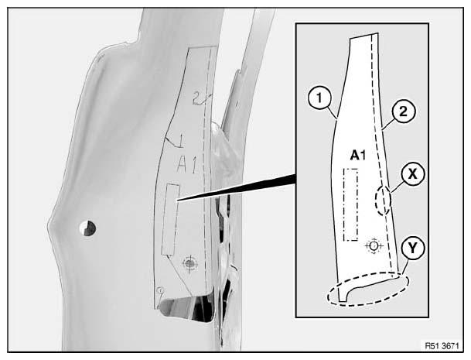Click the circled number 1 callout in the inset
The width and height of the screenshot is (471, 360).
(x=319, y=98)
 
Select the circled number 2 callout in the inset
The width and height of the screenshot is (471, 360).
(x=403, y=111)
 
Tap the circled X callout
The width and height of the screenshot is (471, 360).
(x=413, y=174)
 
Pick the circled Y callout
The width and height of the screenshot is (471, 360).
(x=413, y=249)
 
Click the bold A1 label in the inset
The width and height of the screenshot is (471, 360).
(x=358, y=156)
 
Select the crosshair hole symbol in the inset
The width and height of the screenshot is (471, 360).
(x=374, y=246)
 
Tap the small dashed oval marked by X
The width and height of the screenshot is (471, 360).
(x=383, y=201)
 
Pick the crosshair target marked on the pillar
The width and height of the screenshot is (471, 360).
(x=189, y=264)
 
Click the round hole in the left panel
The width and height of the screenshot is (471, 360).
(x=87, y=228)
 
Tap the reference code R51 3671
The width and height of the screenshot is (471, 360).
(x=442, y=346)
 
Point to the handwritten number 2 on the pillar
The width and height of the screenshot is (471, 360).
(x=197, y=98)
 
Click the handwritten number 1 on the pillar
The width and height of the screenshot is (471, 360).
(x=181, y=141)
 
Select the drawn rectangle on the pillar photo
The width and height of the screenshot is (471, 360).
(x=170, y=220)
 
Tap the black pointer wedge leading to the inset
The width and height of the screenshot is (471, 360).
(x=237, y=187)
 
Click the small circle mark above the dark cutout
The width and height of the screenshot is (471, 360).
(x=161, y=290)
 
